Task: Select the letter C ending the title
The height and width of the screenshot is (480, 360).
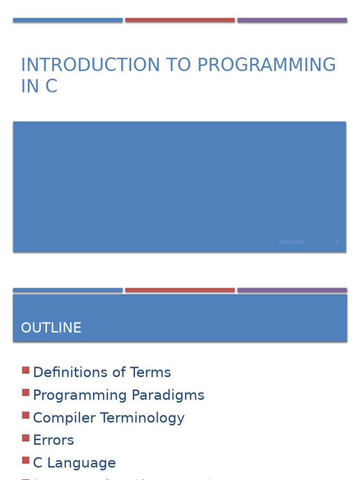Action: pyautogui.click(x=51, y=87)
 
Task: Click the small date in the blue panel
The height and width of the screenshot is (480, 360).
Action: pyautogui.click(x=292, y=242)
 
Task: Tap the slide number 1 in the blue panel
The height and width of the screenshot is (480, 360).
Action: pyautogui.click(x=336, y=242)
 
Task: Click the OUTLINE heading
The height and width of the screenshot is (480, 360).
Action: pyautogui.click(x=51, y=328)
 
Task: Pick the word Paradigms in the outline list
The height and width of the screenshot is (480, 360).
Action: pyautogui.click(x=168, y=395)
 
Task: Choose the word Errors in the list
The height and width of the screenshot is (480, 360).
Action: pyautogui.click(x=53, y=440)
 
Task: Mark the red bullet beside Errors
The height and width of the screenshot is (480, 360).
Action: pyautogui.click(x=26, y=438)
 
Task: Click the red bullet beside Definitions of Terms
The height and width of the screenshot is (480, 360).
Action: pyautogui.click(x=26, y=370)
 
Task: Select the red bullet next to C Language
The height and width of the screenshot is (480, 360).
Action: pyautogui.click(x=26, y=461)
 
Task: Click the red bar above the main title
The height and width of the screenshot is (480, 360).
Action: pyautogui.click(x=180, y=20)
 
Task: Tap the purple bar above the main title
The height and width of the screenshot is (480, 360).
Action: pyautogui.click(x=292, y=20)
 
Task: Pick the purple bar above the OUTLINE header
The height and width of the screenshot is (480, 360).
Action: pyautogui.click(x=292, y=290)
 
